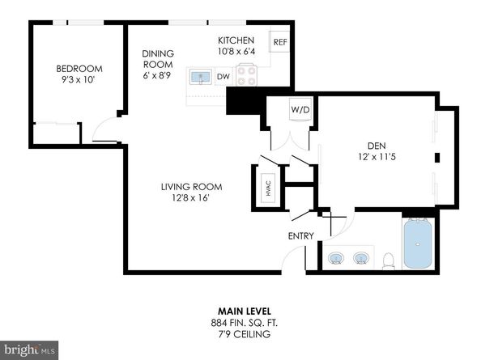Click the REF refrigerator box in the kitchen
coord(279,41)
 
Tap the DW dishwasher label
coord(222,78)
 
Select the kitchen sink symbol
coord(199,78)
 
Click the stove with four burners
coord(248,78)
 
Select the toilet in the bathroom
coord(389,260)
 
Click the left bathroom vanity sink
coord(336,260)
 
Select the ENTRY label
coord(300,236)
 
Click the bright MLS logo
coord(29,349)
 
